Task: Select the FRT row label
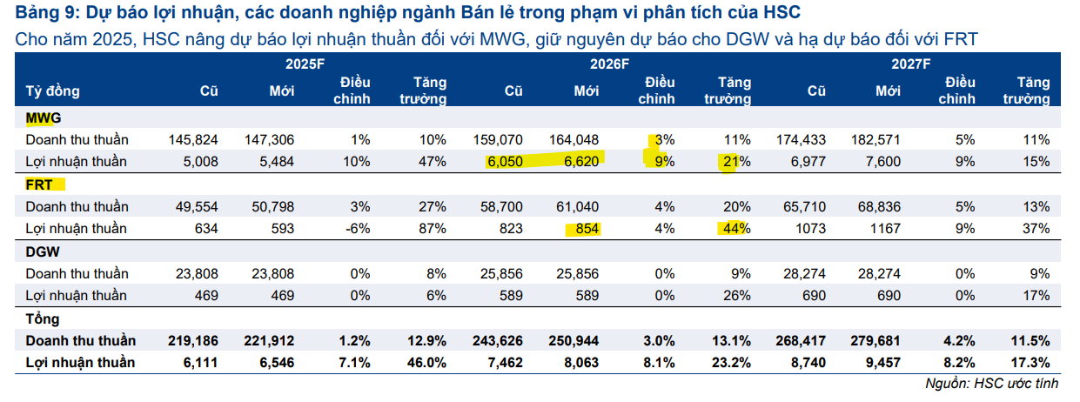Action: click(39, 184)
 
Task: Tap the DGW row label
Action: click(41, 251)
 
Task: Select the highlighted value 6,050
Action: click(506, 162)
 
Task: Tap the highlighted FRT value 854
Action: click(588, 229)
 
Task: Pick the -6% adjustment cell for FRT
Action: click(359, 229)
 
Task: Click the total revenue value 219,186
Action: click(190, 340)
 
